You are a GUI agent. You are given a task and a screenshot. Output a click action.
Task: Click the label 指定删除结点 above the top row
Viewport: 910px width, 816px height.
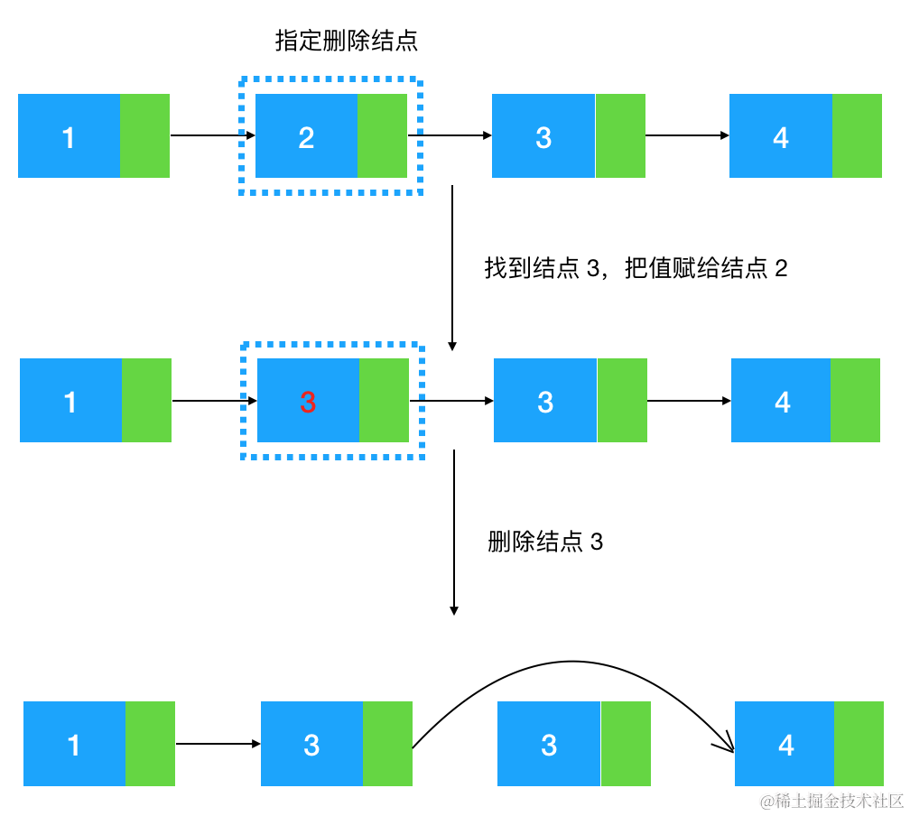point(346,41)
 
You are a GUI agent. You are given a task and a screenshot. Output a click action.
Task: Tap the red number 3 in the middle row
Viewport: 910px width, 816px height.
point(308,403)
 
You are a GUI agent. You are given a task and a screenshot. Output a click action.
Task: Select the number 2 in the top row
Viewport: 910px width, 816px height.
point(306,137)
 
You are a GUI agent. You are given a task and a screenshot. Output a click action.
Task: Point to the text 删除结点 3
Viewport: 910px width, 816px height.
point(545,542)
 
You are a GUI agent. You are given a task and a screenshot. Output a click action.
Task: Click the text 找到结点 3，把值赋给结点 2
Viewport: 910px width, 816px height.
point(636,269)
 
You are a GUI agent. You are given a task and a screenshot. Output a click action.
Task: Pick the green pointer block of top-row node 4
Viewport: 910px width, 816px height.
point(857,135)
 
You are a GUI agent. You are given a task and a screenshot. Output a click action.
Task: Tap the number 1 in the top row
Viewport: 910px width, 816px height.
point(69,137)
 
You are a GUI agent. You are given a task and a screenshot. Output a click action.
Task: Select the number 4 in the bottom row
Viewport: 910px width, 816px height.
point(786,745)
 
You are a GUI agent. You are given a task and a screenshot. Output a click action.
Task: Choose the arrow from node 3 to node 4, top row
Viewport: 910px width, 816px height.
point(687,136)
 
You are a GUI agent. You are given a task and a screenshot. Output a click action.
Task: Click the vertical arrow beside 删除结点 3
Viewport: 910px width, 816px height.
point(454,533)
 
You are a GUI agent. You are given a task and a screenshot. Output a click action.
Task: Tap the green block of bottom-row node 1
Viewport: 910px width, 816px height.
point(150,744)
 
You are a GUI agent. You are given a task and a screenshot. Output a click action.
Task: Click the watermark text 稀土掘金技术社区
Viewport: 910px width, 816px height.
point(832,802)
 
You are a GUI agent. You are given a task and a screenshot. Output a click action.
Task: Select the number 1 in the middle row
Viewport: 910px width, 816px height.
point(70,402)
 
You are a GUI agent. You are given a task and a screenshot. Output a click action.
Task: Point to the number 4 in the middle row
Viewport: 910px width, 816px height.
point(783,402)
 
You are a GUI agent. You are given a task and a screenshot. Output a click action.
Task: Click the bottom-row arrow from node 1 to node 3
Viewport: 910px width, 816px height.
point(218,744)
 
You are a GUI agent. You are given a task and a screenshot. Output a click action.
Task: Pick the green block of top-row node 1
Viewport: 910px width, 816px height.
point(144,135)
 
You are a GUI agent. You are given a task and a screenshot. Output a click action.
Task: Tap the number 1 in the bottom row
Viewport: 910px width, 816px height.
point(74,745)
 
